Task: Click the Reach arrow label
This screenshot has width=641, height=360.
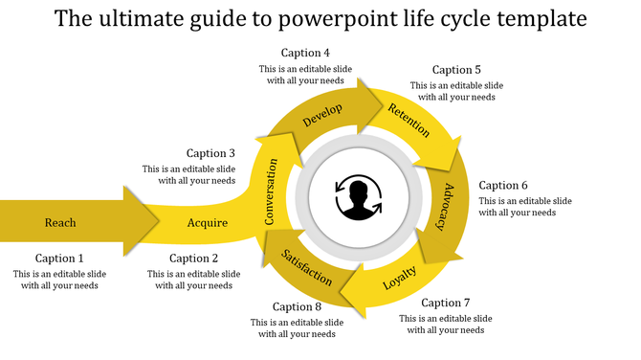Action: (x=59, y=223)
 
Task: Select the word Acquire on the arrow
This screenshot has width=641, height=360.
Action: (x=208, y=223)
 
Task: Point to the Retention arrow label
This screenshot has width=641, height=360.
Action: (x=409, y=122)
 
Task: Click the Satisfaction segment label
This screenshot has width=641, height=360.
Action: (x=307, y=267)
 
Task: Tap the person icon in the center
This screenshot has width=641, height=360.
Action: (x=359, y=198)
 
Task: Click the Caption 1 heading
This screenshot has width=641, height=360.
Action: (x=59, y=259)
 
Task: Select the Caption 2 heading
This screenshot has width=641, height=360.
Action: (x=193, y=259)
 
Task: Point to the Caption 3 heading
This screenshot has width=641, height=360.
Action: (x=210, y=153)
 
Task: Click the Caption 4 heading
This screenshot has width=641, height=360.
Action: (x=305, y=53)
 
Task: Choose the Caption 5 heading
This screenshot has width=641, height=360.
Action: (x=456, y=70)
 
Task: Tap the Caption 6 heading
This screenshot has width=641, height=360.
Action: (x=503, y=186)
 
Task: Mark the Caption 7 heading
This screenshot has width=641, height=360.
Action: (x=445, y=303)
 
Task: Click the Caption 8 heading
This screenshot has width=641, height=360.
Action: (x=297, y=307)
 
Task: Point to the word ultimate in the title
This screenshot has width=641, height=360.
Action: (x=139, y=19)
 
